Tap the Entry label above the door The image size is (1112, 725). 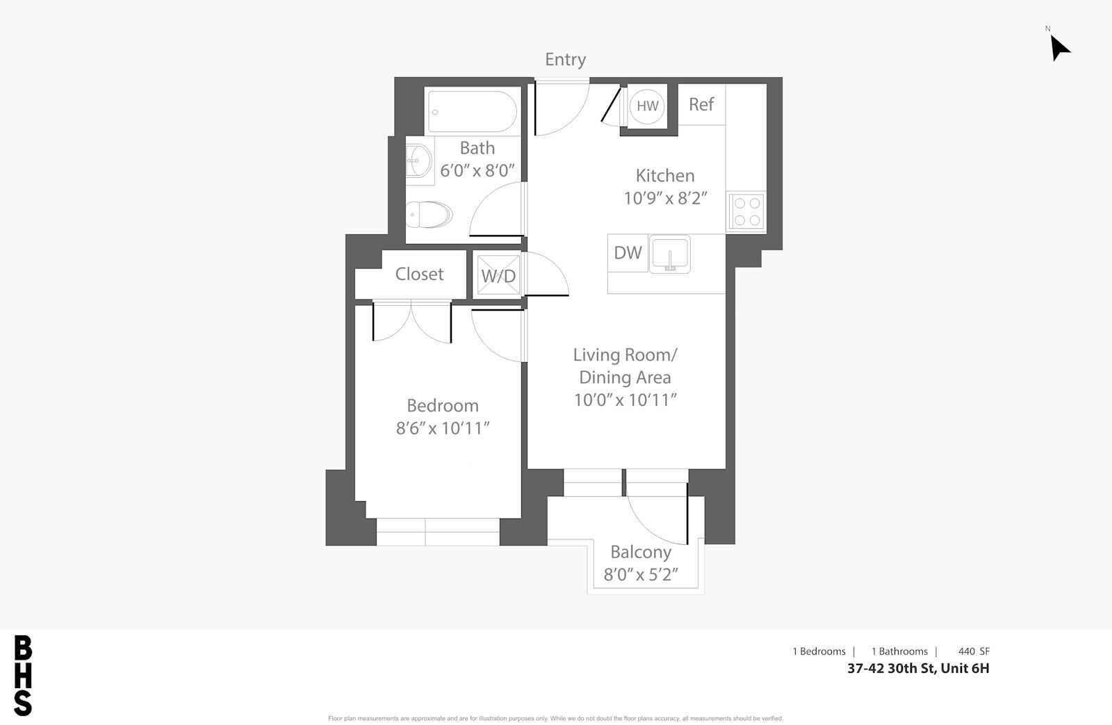click(566, 60)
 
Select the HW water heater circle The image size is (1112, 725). click(647, 106)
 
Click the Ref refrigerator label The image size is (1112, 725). click(701, 104)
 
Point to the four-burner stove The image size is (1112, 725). click(746, 211)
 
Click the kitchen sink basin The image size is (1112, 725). click(670, 254)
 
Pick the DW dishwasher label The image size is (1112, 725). click(628, 253)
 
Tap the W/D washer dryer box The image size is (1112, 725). click(498, 276)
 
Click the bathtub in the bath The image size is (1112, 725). click(472, 112)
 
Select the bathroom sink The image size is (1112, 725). click(418, 161)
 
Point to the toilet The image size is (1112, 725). click(429, 215)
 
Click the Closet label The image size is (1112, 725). click(419, 274)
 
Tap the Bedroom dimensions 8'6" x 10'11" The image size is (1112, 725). click(442, 428)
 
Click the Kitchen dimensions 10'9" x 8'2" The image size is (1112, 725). click(665, 198)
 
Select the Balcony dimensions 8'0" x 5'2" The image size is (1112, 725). click(640, 575)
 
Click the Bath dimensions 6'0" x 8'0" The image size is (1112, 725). click(477, 170)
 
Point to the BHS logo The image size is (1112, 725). click(23, 676)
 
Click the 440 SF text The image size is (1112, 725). click(974, 651)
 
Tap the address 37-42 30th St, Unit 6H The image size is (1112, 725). click(918, 669)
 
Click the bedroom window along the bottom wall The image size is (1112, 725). click(438, 532)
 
